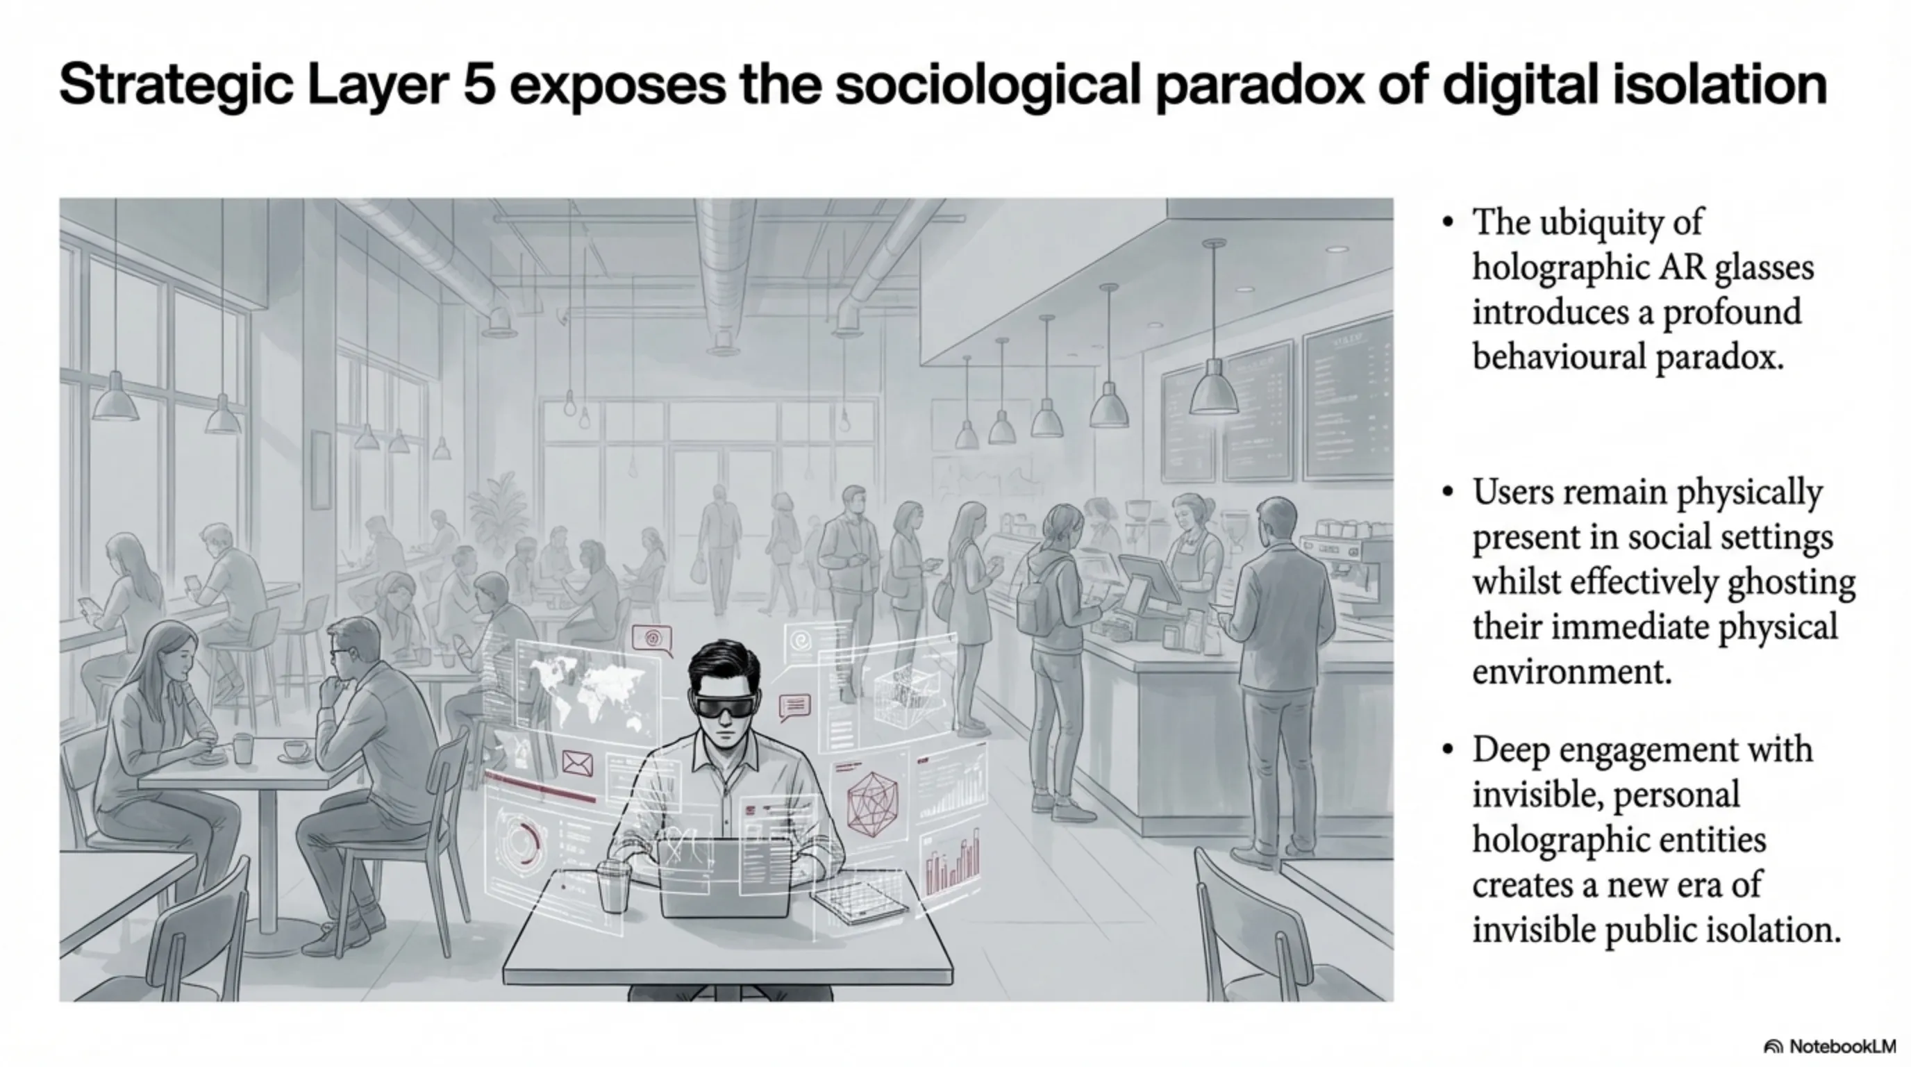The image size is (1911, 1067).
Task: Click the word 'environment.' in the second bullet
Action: [x=1572, y=672]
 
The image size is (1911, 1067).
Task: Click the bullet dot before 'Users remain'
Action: [x=1447, y=492]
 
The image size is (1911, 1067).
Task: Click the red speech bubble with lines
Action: [x=794, y=707]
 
